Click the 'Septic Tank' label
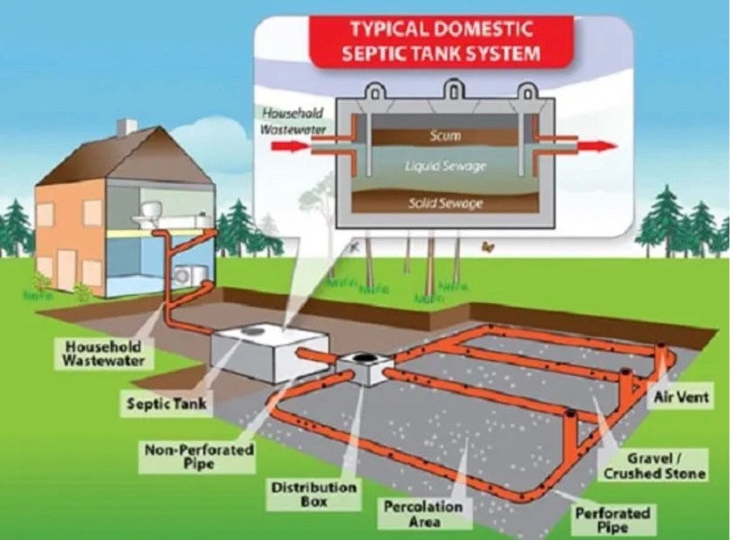point(154,403)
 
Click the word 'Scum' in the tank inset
point(444,137)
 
